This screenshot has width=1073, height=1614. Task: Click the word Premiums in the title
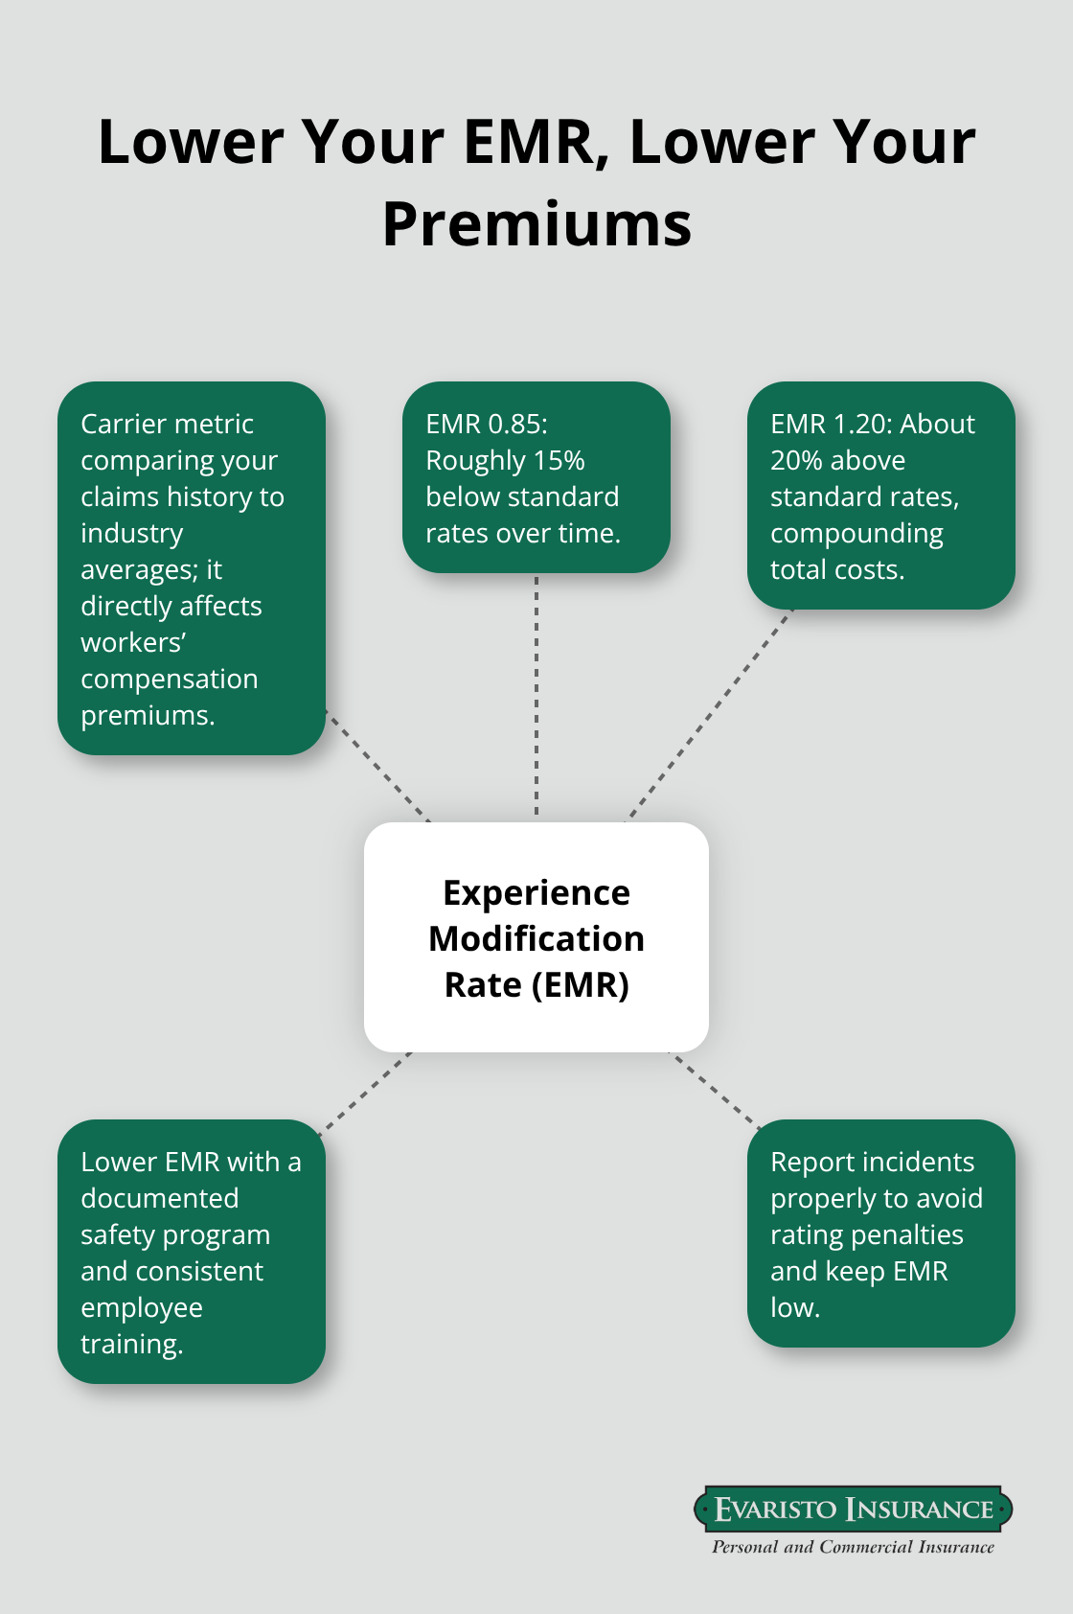(536, 224)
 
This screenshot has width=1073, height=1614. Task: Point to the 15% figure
(559, 460)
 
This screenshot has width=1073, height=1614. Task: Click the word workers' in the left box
(133, 642)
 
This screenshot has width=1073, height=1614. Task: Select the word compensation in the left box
(170, 679)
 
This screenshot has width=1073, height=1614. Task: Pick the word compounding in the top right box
(856, 533)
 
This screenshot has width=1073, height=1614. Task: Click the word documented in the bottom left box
(160, 1198)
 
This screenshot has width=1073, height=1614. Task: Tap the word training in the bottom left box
(131, 1344)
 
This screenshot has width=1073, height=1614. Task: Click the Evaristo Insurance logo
(853, 1510)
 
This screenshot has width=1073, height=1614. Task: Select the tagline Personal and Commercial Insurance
(853, 1547)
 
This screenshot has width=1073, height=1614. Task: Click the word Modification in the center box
(536, 939)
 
